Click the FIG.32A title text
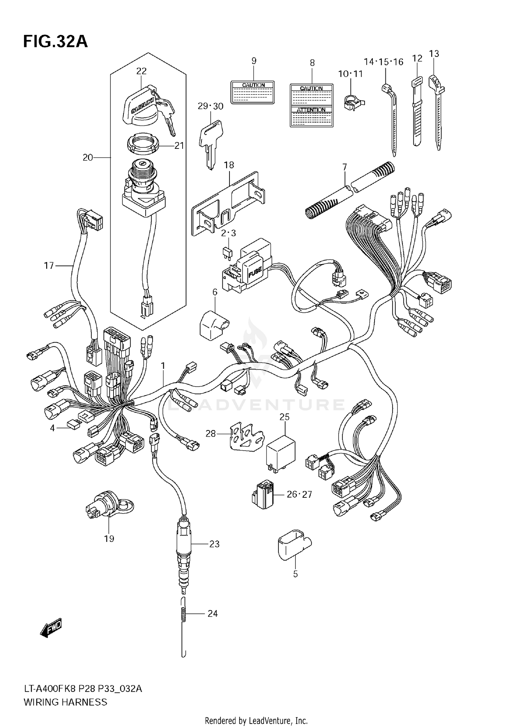55,41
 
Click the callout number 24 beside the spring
212,613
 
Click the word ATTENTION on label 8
311,110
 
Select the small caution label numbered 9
253,92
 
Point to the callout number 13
434,54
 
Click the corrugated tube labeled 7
349,192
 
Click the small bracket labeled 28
246,438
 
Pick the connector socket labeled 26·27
263,495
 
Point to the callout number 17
49,265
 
